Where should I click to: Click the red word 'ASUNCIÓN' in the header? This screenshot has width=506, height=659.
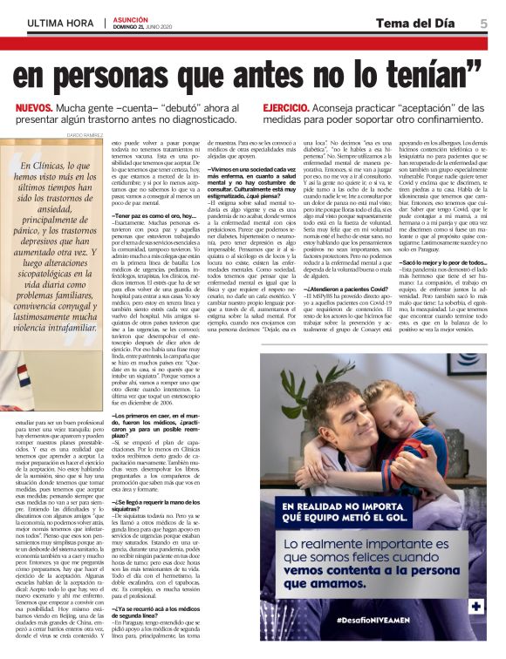pyautogui.click(x=130, y=18)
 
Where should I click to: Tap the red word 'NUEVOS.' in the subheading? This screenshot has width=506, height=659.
pyautogui.click(x=38, y=109)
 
